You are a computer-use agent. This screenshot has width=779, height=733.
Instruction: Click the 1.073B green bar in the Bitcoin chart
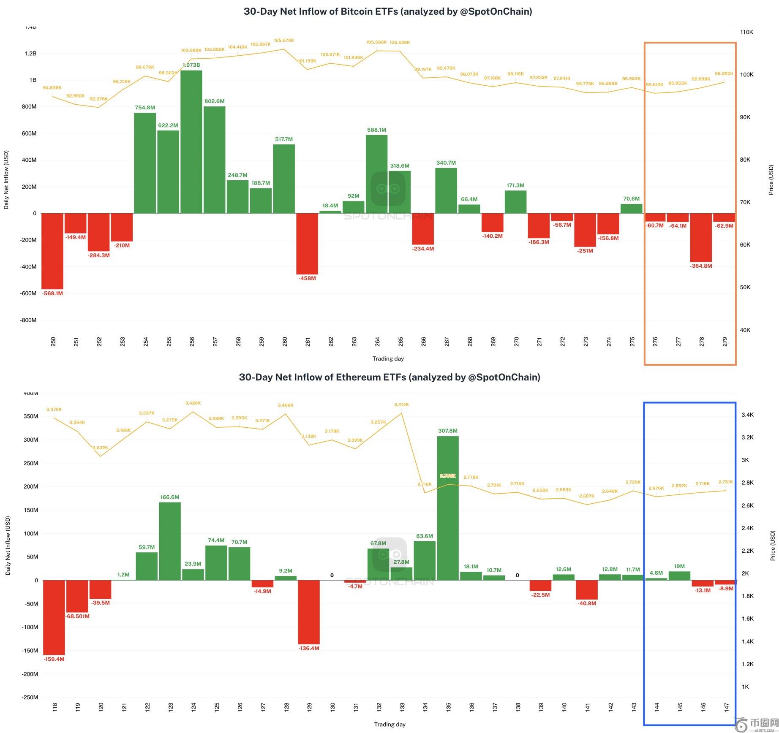coord(191,142)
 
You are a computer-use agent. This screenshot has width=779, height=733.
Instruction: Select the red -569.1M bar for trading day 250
coord(52,251)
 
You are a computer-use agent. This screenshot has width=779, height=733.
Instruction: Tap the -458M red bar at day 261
coord(307,244)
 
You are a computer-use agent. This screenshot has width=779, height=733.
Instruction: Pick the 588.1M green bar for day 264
coord(376,174)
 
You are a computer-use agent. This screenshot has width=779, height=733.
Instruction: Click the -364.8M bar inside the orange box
coord(701,238)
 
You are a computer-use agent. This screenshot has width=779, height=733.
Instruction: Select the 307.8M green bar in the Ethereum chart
coord(448,508)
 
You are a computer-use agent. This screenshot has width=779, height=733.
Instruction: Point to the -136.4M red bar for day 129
coord(309,612)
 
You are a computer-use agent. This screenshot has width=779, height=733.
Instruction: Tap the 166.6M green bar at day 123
coord(170,541)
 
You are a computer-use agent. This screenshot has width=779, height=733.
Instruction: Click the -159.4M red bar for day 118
coord(54,617)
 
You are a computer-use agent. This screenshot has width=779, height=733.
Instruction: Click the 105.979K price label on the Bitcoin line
coord(284,41)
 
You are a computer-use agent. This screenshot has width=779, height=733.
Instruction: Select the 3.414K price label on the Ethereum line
coord(401,405)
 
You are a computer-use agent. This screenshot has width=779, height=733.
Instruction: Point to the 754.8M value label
coord(145,108)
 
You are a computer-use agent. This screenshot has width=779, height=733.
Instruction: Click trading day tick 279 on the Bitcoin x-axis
coord(725,342)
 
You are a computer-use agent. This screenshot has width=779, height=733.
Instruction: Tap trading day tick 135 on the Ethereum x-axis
coord(448,706)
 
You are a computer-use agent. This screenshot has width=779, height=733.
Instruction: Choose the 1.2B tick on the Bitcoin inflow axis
coord(30,54)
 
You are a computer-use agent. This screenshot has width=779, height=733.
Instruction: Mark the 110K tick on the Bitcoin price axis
coord(746,32)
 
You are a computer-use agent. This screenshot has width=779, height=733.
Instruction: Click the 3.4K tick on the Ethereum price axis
coord(747,415)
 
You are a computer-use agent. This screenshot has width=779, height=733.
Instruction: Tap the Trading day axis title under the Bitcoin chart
coord(388,358)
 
